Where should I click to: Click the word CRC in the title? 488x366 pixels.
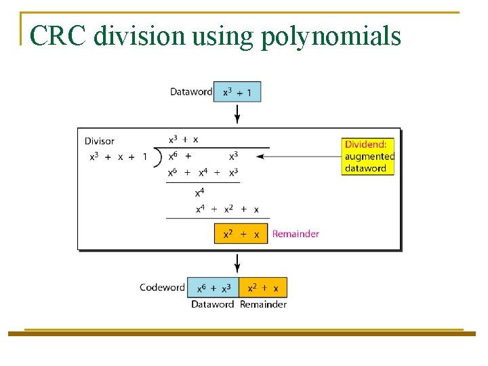(58, 36)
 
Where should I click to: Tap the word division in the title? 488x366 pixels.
(139, 36)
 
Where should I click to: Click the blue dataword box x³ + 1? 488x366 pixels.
(237, 91)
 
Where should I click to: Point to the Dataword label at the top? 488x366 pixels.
(190, 91)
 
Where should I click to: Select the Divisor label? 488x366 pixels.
(99, 141)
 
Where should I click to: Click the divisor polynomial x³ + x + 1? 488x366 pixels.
(119, 157)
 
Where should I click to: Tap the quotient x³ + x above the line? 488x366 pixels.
(183, 139)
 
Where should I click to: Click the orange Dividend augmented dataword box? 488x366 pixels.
(368, 157)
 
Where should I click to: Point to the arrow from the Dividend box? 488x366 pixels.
(298, 157)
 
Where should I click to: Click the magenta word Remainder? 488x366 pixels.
(296, 234)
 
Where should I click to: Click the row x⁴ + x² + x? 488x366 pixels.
(227, 209)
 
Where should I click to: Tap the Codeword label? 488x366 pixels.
(162, 287)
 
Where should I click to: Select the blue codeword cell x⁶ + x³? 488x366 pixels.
(213, 287)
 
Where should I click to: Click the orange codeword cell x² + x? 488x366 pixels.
(263, 287)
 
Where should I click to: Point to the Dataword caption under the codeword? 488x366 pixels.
(212, 304)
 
